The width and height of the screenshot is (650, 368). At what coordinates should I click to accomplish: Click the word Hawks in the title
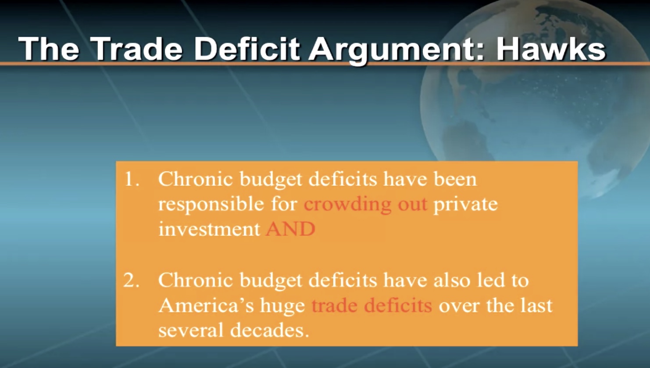551,49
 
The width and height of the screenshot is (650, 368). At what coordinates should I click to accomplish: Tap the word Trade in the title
138,49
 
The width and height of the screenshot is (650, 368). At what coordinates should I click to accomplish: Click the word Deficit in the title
246,49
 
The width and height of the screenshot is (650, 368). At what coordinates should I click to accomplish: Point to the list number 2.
132,280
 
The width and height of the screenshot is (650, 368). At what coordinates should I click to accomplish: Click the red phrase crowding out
365,204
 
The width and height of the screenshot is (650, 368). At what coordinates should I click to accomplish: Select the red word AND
290,229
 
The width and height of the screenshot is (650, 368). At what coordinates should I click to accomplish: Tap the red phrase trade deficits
372,305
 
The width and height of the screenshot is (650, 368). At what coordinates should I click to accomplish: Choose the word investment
209,229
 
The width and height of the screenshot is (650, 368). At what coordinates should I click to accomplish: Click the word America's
206,305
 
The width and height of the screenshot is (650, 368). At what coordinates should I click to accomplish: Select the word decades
270,330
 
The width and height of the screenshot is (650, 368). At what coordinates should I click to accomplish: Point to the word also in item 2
451,280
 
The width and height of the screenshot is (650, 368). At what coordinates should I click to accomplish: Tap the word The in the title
48,49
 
